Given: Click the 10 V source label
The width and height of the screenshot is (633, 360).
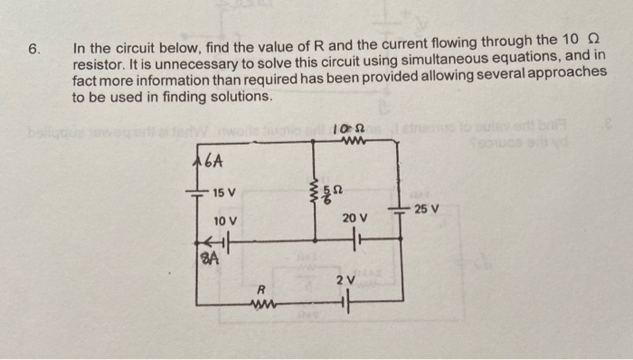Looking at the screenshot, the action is [225, 222].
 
